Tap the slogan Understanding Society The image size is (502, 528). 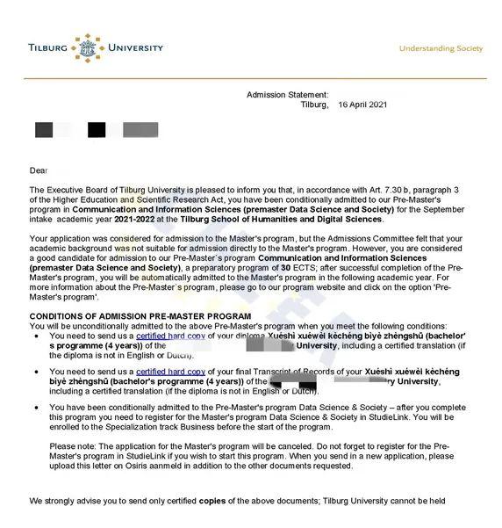pos(441,48)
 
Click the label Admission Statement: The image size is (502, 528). pos(288,94)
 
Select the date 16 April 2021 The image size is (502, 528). pos(362,105)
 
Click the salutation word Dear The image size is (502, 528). pos(39,170)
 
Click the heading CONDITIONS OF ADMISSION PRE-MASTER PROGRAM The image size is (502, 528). pos(140,315)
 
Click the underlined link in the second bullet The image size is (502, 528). pos(169,372)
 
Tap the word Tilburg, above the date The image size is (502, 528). pos(312,105)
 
